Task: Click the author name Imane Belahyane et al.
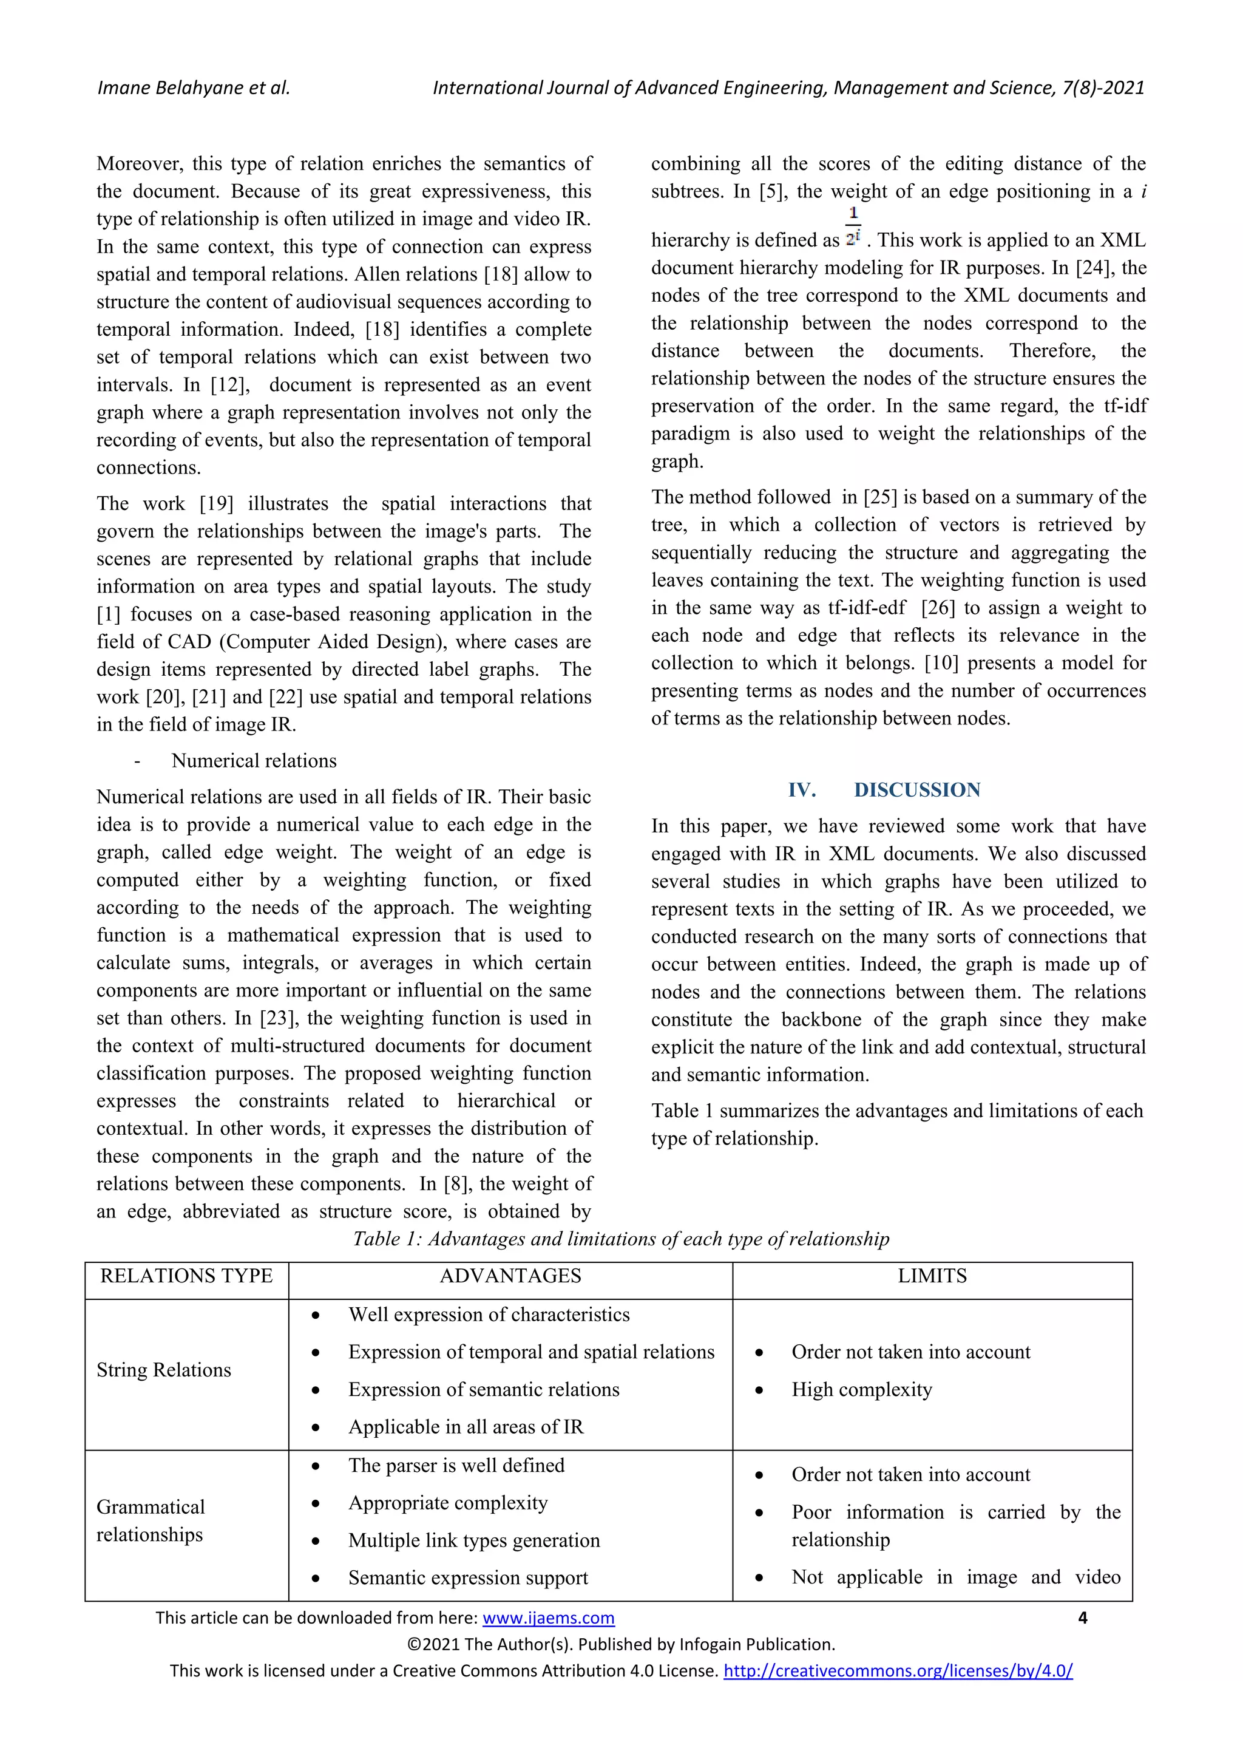point(193,88)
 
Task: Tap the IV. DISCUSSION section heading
point(884,790)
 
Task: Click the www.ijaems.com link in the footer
point(548,1618)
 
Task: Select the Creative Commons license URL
point(898,1670)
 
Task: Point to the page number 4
point(1082,1618)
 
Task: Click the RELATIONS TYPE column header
point(186,1276)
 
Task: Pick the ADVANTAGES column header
point(510,1276)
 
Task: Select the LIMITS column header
point(932,1276)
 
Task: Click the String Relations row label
point(164,1370)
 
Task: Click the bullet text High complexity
point(862,1389)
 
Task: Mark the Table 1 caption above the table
point(621,1239)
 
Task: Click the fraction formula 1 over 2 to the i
point(853,226)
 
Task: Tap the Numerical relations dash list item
point(254,761)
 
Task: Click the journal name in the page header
point(788,88)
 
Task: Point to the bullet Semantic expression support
point(468,1577)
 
